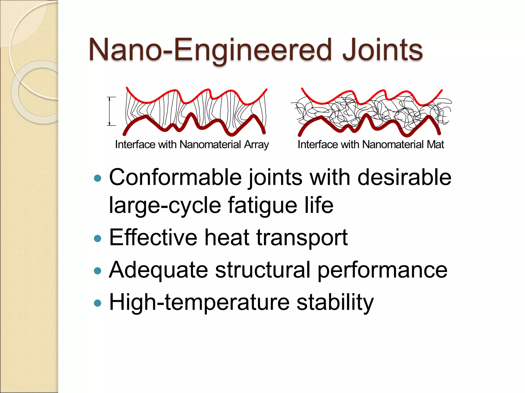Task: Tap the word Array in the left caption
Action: click(256, 145)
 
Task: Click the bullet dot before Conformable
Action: click(98, 178)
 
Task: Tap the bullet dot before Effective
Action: click(98, 238)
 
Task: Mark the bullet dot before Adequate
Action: click(98, 271)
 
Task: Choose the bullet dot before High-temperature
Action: click(98, 303)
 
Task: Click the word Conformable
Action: click(175, 177)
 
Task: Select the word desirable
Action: click(404, 177)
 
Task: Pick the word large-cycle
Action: click(165, 205)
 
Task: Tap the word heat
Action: click(227, 237)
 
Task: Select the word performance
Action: click(382, 270)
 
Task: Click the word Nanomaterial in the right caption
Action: click(393, 145)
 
